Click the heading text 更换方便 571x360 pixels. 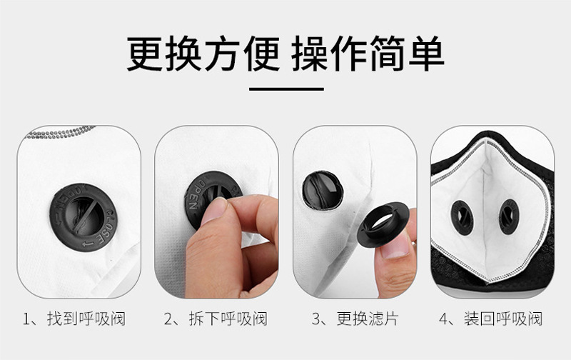203,54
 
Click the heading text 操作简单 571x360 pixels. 368,54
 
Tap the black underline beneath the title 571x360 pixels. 286,89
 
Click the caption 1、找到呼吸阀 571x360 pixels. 74,319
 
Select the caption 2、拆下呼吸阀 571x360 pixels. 216,319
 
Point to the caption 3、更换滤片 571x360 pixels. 355,319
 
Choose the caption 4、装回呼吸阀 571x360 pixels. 490,319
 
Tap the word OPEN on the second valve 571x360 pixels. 195,195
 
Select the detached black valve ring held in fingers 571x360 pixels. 383,224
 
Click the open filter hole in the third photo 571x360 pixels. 323,190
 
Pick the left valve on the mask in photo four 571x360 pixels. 462,218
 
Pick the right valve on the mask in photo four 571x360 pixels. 509,216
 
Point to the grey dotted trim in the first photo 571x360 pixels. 60,133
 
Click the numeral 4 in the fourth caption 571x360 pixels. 443,319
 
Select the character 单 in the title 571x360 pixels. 426,54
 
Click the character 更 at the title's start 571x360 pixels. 144,54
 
